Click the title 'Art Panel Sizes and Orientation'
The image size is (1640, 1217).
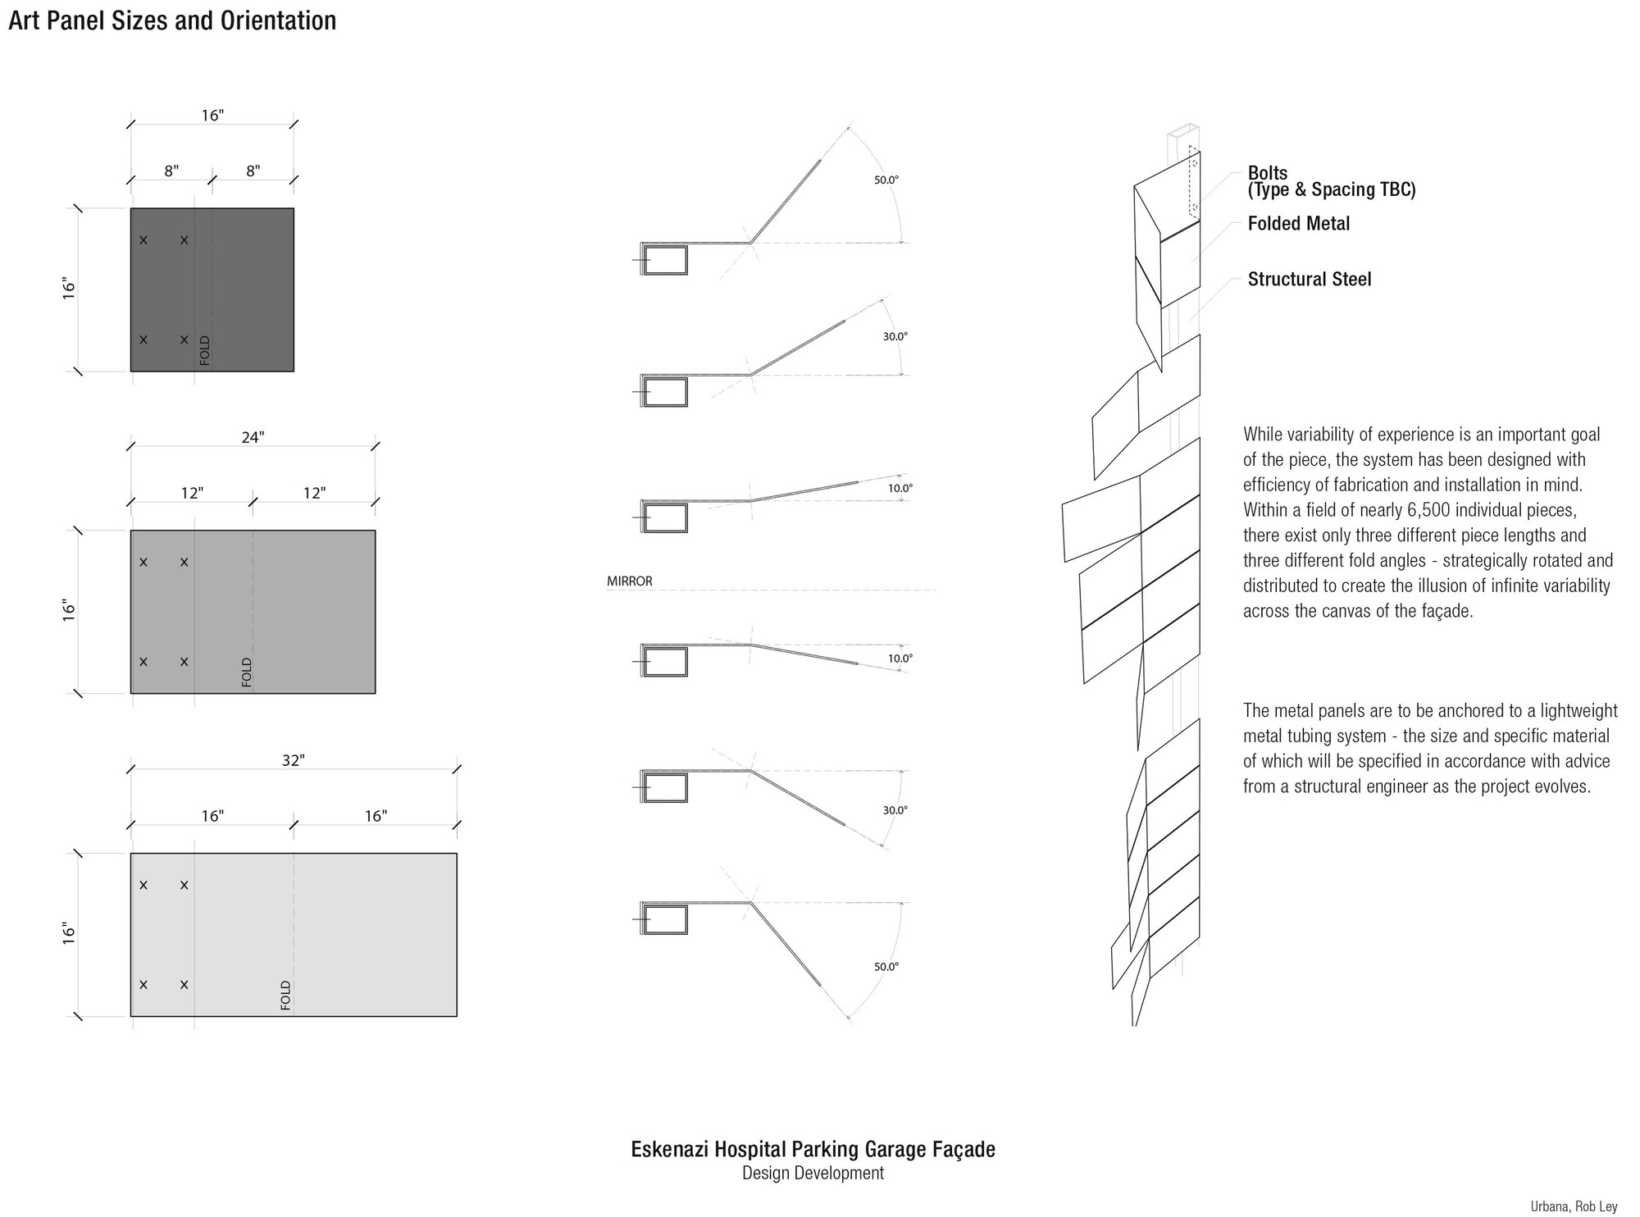coord(172,21)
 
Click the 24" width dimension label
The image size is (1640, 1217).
coord(253,438)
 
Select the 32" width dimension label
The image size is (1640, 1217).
coord(294,760)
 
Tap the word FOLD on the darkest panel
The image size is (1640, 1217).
coord(205,350)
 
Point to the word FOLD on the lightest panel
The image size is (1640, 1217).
coord(286,995)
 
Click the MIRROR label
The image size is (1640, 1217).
coord(630,581)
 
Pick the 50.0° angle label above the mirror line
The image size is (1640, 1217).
coord(886,180)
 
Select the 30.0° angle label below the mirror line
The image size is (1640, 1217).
coord(895,810)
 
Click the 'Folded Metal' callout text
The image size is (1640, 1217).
coord(1299,224)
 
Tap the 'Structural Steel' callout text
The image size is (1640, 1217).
coord(1310,280)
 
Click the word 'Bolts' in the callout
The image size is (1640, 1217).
coord(1268,173)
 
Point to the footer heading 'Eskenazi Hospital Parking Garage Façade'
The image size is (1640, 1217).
coord(813,1150)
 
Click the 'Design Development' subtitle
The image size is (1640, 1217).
coord(813,1174)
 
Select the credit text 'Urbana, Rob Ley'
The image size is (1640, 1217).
coord(1574,1206)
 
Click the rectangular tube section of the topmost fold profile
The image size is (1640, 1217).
coord(665,260)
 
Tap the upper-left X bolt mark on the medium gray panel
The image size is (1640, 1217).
coord(143,563)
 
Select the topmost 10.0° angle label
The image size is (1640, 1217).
coord(900,488)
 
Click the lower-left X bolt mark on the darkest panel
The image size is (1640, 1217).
coord(143,340)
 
